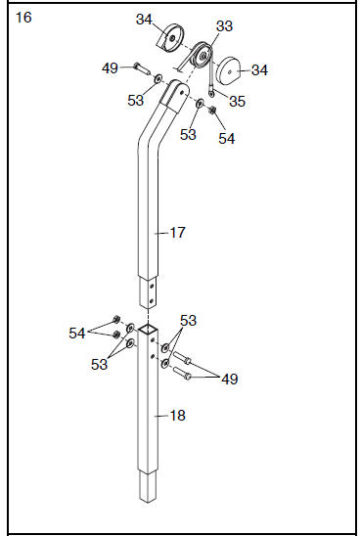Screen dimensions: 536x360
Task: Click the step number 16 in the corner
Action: tap(23, 19)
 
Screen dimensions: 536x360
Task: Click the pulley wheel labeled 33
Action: tap(202, 54)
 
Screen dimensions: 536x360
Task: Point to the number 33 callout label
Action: tap(224, 26)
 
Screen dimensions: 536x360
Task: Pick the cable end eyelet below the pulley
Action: tap(210, 94)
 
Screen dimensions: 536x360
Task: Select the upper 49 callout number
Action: tap(111, 67)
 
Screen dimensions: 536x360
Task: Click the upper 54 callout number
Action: tap(226, 139)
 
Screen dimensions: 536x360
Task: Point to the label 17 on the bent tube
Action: tap(177, 233)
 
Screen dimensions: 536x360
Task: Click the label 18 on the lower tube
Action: tap(177, 416)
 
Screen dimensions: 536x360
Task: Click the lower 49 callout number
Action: tap(228, 379)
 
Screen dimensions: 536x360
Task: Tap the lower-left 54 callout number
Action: tap(76, 334)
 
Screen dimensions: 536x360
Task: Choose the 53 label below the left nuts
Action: tap(100, 365)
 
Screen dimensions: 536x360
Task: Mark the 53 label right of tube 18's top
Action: tap(187, 320)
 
